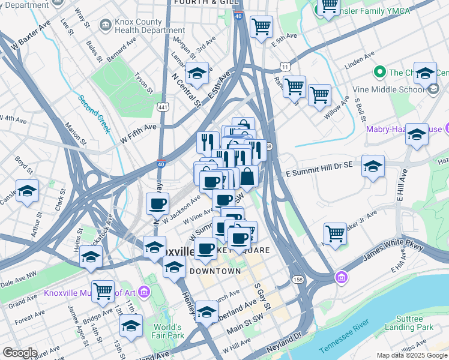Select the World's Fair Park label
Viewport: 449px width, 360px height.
(168, 331)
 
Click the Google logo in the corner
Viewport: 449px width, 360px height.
(19, 353)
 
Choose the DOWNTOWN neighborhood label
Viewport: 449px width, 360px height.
(215, 271)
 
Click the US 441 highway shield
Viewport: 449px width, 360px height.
(162, 107)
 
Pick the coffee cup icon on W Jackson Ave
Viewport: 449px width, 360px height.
(157, 204)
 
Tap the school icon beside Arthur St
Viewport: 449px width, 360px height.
(27, 191)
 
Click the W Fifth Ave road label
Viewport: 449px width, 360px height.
(138, 127)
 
